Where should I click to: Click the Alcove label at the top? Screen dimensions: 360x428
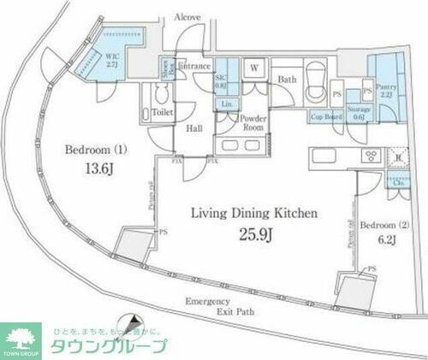pos(187,17)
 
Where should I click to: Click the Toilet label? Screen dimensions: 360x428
pos(163,111)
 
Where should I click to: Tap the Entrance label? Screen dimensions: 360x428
pos(195,65)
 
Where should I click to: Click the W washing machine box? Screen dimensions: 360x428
pos(255,68)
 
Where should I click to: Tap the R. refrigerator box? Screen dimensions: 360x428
pos(398,157)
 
